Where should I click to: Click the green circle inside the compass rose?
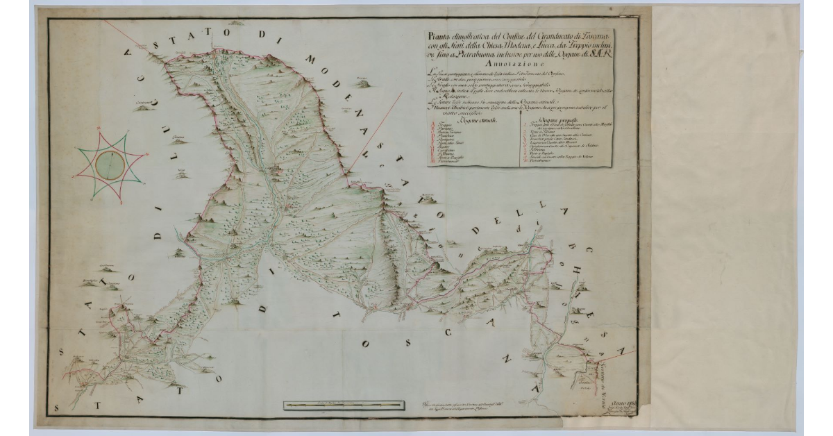click(x=110, y=165)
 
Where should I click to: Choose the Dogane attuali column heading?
click(x=473, y=118)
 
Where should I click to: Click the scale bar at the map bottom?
click(x=340, y=404)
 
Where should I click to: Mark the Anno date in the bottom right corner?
click(x=630, y=401)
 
